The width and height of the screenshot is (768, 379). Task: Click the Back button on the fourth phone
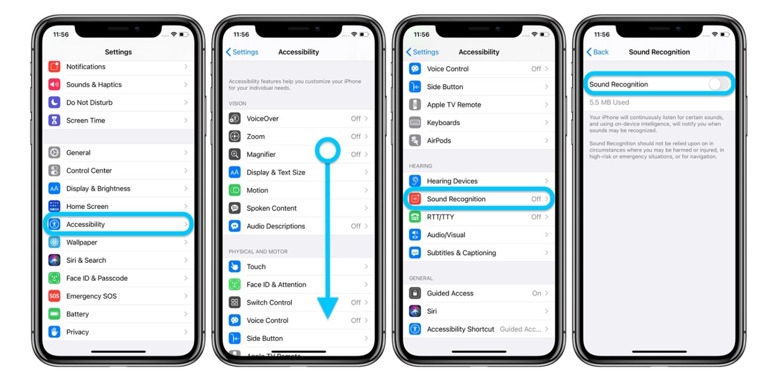[x=597, y=52]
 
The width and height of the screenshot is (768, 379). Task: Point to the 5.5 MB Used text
[x=609, y=102]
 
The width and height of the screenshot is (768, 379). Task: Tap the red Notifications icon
[x=54, y=67]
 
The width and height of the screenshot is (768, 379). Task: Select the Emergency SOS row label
[x=91, y=296]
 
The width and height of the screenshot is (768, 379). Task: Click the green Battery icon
[x=54, y=314]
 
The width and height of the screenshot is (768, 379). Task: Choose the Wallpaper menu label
[x=82, y=243]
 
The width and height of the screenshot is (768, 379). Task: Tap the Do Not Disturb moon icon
[x=54, y=102]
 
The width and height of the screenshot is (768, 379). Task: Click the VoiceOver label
[x=262, y=119]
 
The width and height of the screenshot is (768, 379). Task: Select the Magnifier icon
[x=235, y=155]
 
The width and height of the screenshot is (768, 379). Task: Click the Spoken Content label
[x=271, y=208]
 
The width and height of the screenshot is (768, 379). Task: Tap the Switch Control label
[x=269, y=303]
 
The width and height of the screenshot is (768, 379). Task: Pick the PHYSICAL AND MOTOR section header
[x=258, y=252]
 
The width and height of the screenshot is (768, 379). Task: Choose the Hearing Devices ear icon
[x=415, y=181]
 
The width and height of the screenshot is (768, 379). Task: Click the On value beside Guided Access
[x=537, y=293]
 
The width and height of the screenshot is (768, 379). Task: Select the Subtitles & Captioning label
[x=461, y=253]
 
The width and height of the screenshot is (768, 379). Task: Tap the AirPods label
[x=439, y=141]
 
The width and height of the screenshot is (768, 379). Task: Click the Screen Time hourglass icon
[x=54, y=120]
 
